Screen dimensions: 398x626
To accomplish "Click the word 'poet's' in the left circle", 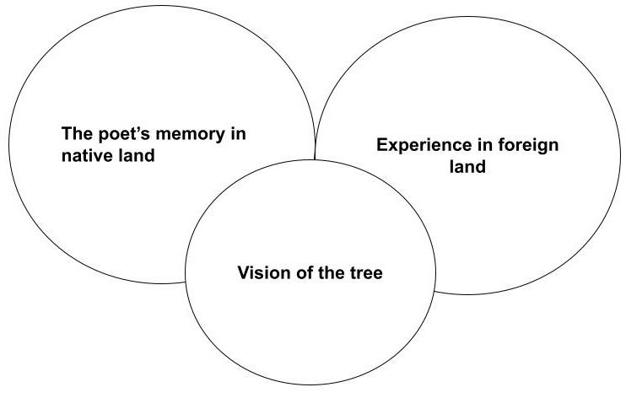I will (116, 135).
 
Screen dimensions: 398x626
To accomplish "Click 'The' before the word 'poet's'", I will (76, 135).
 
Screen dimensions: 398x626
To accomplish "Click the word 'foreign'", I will (525, 145).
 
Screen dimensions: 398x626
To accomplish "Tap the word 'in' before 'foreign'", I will (477, 145).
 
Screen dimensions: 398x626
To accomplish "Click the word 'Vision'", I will (259, 273).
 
